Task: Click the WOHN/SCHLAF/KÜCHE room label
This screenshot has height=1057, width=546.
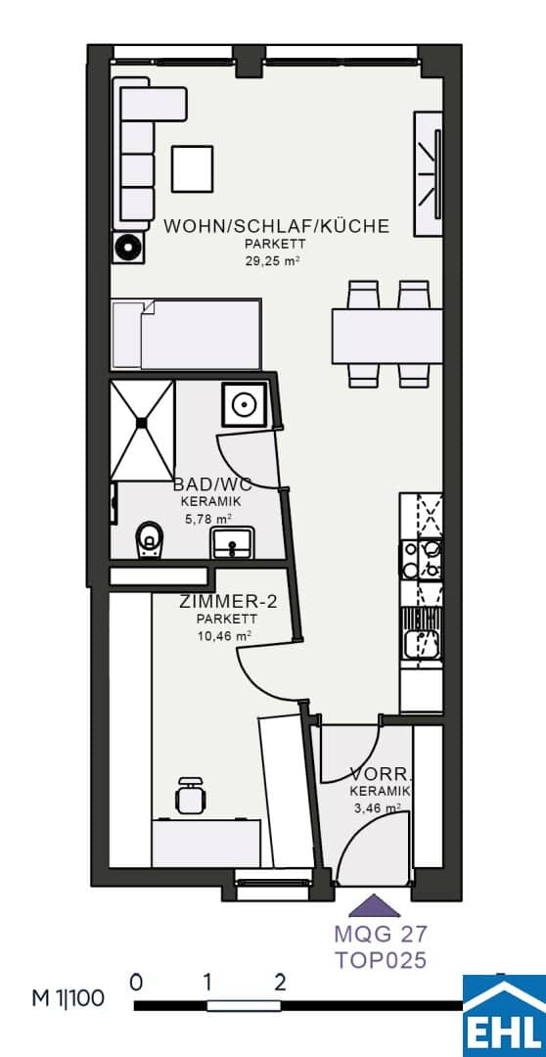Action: click(276, 226)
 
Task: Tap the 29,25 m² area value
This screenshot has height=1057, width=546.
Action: click(272, 261)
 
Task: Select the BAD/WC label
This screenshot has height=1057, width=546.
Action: click(212, 484)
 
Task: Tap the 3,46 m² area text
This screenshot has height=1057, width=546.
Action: click(378, 806)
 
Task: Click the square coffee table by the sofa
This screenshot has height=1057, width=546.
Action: click(193, 168)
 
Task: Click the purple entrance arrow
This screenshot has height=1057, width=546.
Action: click(374, 905)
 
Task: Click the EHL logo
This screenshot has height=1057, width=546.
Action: click(504, 1017)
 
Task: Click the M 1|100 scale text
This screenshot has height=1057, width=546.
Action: click(68, 998)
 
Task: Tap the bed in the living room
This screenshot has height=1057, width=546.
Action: click(186, 335)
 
